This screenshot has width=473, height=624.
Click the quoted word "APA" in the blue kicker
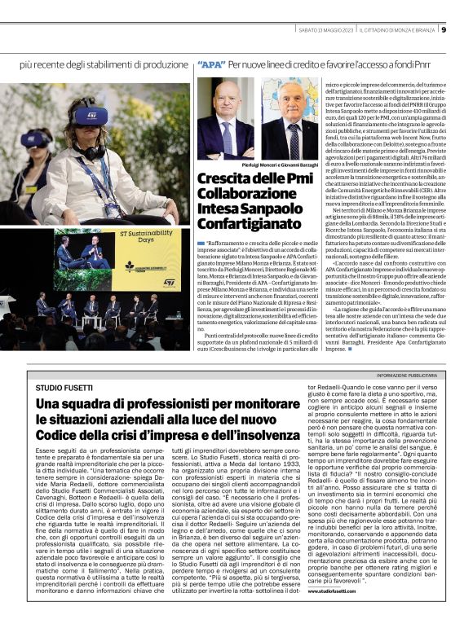[211, 64]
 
